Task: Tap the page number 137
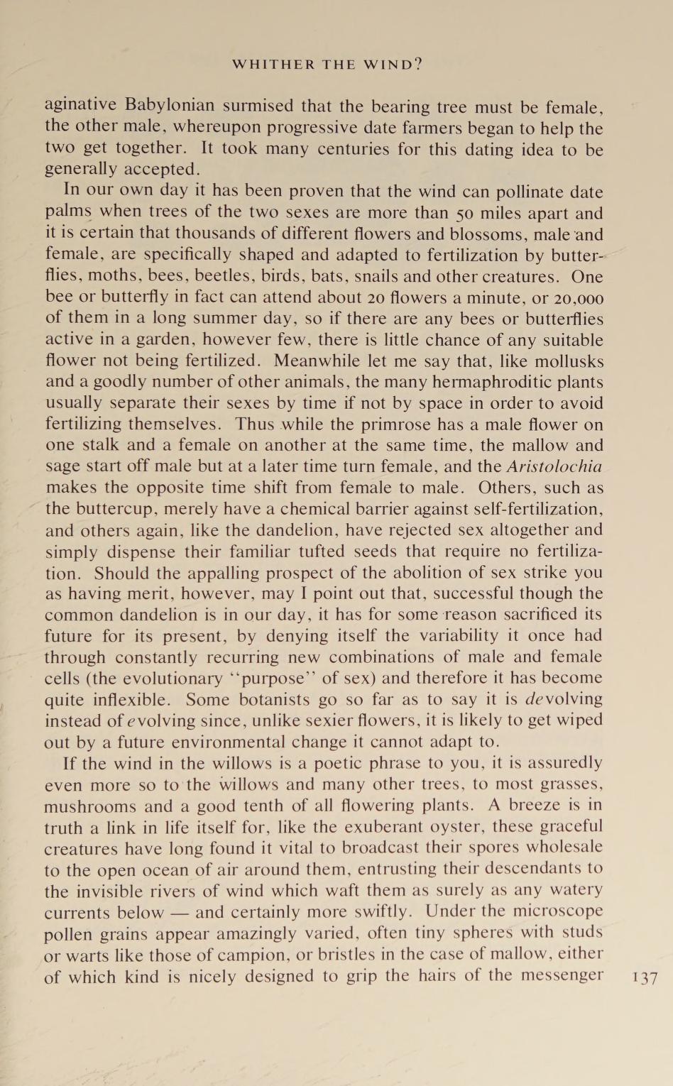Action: [644, 977]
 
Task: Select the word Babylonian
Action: [170, 106]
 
